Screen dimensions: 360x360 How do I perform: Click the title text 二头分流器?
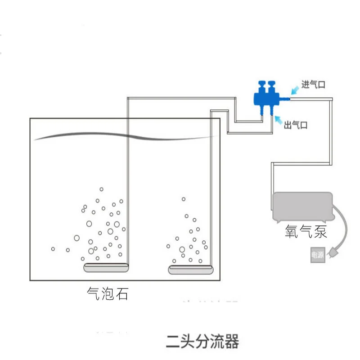point(202,342)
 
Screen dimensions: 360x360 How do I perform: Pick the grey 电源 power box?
point(317,255)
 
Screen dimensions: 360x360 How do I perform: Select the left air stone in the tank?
point(106,268)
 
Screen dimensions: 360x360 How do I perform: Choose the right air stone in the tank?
point(190,270)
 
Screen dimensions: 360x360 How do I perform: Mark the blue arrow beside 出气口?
point(277,120)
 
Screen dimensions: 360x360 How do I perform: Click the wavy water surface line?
point(126,136)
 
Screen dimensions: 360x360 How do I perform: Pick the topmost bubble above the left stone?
point(102,189)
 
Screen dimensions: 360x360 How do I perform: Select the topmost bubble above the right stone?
point(183,199)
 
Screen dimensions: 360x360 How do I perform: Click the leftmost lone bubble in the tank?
point(53,249)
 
